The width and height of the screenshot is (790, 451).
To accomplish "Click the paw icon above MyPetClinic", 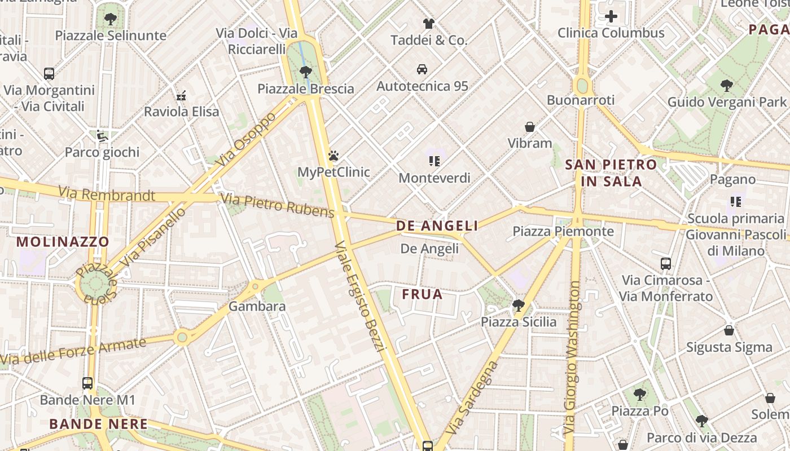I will pos(333,155).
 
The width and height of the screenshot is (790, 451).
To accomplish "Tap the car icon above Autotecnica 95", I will pos(422,69).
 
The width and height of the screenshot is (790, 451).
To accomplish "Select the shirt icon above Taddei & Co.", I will pos(429,23).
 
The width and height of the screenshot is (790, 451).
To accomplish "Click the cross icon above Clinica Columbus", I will pos(611,16).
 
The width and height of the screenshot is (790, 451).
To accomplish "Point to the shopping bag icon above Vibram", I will pos(529,126).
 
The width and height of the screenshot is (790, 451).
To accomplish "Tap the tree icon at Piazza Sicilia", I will pos(518,306).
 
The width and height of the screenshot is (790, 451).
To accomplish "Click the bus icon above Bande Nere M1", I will pos(87,383).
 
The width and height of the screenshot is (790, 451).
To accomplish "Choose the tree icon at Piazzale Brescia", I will pos(305,72).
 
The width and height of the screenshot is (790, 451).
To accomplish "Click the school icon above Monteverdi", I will pos(434,161).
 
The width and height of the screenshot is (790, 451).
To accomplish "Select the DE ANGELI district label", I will pos(437,226).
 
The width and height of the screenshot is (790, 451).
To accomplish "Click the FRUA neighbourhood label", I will pos(422,294).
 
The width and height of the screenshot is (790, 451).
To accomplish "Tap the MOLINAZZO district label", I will pos(63,242).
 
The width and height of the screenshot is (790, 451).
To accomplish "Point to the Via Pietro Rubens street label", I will pos(277,205).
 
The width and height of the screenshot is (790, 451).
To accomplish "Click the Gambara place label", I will pos(257,307).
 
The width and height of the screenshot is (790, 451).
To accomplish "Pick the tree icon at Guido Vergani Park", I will pos(727,86).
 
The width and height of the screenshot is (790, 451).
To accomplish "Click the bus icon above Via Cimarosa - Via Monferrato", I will pos(666,263).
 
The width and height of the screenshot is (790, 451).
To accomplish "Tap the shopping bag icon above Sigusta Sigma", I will pos(729,330).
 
